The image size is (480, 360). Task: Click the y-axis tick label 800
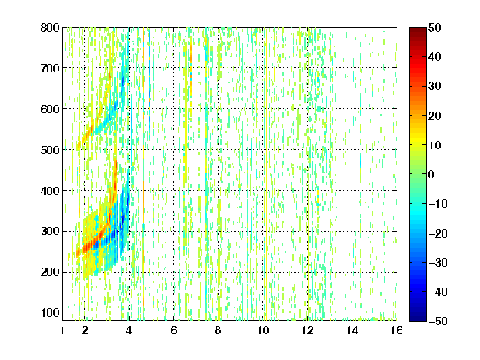click(50, 27)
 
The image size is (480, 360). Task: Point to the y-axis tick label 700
click(50, 68)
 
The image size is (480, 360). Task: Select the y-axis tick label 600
click(50, 109)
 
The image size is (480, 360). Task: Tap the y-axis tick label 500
click(50, 150)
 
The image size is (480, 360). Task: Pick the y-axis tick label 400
click(50, 191)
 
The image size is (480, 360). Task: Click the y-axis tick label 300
click(50, 232)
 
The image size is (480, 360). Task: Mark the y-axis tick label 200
click(50, 272)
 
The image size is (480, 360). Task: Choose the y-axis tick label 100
click(50, 312)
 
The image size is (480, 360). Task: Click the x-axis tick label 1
click(62, 330)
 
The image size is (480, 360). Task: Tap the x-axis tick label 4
click(129, 330)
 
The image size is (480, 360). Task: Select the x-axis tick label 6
click(173, 330)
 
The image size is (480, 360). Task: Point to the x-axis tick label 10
click(263, 330)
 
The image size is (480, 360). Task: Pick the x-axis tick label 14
click(352, 330)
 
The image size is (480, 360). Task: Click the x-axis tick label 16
click(397, 330)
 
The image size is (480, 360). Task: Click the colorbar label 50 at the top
click(435, 27)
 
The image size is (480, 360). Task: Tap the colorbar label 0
click(432, 174)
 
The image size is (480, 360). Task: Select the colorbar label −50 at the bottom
click(438, 321)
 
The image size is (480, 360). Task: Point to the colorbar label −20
click(438, 233)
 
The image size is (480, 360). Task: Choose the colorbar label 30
click(435, 87)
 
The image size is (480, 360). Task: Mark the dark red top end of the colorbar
click(417, 29)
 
